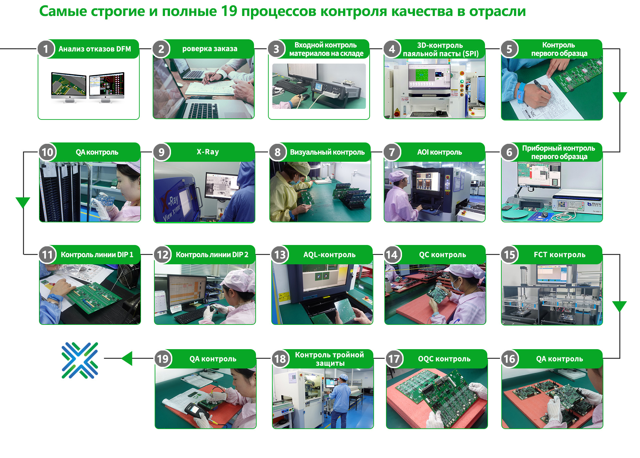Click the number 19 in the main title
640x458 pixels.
tap(229, 11)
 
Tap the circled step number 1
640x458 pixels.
tap(46, 49)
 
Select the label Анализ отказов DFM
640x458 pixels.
tap(95, 49)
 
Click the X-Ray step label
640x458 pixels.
tap(208, 152)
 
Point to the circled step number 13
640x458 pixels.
tap(280, 255)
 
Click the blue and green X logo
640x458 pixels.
tap(80, 360)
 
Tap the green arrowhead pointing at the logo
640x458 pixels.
tap(127, 358)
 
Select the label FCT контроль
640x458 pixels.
tap(559, 255)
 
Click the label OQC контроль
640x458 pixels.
tap(444, 359)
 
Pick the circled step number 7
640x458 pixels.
tap(392, 152)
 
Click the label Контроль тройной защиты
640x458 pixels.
tap(329, 359)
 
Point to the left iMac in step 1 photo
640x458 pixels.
tap(69, 86)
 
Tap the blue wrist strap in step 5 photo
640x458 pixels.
tap(521, 91)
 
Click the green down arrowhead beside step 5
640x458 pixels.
tap(620, 97)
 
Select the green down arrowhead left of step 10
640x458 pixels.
tap(23, 202)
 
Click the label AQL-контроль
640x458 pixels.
tap(329, 255)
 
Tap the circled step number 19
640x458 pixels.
tap(163, 359)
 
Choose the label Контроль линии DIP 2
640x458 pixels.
tap(212, 255)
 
